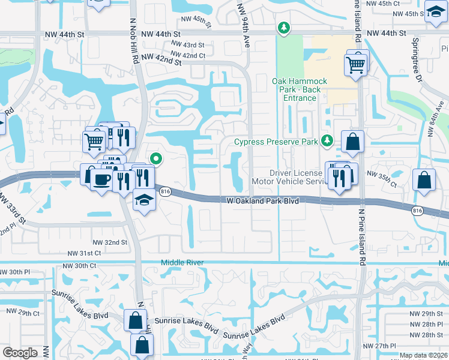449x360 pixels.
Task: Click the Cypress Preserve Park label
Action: (x=276, y=142)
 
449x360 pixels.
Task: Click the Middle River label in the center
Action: (x=182, y=263)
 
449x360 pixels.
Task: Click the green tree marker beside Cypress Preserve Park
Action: (x=327, y=141)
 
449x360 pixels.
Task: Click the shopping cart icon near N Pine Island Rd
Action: (x=357, y=64)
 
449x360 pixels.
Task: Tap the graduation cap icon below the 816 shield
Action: (x=145, y=200)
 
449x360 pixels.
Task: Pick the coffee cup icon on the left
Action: (x=100, y=179)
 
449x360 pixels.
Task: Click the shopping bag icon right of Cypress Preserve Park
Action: (x=352, y=142)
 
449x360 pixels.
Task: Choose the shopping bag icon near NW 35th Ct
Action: (x=424, y=179)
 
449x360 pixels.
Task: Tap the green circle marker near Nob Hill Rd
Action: (x=156, y=159)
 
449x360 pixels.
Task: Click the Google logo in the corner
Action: (x=20, y=353)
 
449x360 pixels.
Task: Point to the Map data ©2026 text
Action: (x=424, y=355)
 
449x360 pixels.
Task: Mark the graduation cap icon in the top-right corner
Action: (x=435, y=13)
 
